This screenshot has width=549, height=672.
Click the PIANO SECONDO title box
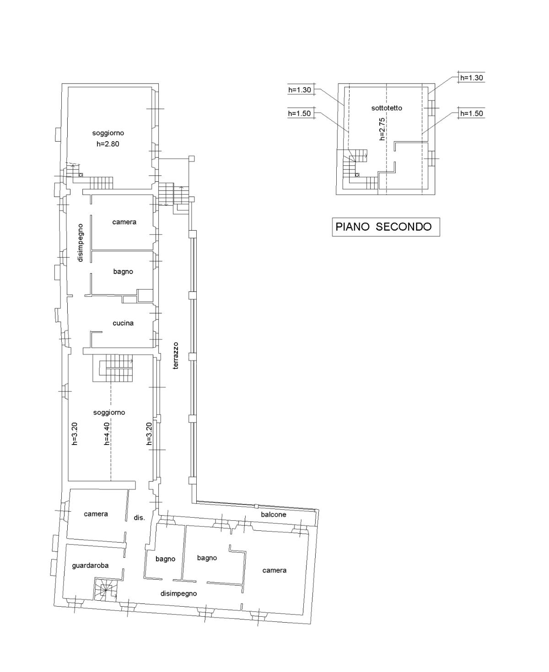[x=386, y=227]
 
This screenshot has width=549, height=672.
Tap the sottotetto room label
[x=387, y=108]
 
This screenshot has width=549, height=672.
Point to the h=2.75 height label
[x=382, y=129]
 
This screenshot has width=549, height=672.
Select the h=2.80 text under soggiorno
[x=108, y=144]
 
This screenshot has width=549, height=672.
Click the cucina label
[x=123, y=323]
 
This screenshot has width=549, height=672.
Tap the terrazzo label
[x=176, y=355]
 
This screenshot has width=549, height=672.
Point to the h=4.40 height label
[x=107, y=434]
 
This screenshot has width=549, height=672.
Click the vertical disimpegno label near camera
[x=80, y=243]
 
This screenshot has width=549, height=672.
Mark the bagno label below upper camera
[x=123, y=271]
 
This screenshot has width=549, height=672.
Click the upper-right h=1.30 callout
[x=471, y=78]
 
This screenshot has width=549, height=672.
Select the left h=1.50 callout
[x=299, y=113]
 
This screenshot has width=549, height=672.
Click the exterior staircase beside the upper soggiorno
[x=174, y=194]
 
